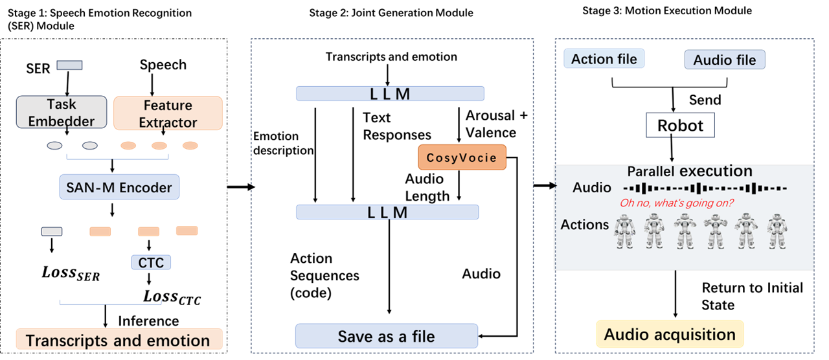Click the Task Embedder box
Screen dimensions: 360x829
[62, 112]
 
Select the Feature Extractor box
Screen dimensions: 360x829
[168, 113]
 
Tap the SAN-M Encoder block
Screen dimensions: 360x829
[119, 188]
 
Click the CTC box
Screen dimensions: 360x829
[151, 262]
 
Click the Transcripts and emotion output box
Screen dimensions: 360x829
[119, 340]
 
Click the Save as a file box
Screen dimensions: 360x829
[387, 336]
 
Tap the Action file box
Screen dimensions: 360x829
[605, 59]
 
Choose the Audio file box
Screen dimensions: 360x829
[725, 60]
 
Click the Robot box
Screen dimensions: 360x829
[679, 125]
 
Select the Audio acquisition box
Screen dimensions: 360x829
[670, 334]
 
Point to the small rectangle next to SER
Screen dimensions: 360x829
[69, 65]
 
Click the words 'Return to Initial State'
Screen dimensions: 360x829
[752, 296]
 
